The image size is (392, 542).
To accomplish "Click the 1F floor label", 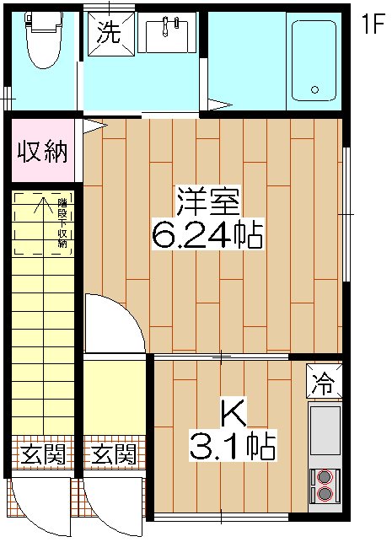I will (373, 24).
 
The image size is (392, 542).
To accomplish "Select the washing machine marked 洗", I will (108, 34).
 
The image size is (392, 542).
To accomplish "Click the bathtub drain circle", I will (315, 89).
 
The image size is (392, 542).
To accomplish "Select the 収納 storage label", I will (43, 153).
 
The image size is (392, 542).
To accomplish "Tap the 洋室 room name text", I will (208, 201).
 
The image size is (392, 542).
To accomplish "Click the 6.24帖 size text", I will (208, 233).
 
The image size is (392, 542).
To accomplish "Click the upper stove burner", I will (325, 477).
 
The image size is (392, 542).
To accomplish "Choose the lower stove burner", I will (325, 494).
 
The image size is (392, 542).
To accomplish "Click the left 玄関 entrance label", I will (43, 456).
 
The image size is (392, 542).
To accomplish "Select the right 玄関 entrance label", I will (114, 456).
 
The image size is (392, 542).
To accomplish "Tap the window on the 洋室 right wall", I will (346, 214).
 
